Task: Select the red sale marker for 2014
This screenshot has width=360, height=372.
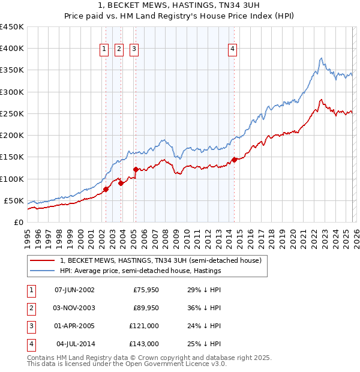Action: pos(235,160)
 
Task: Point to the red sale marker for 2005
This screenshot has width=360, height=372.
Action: pos(136,170)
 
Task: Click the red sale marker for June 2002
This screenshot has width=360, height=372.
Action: pos(106,189)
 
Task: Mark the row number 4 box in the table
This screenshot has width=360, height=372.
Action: pos(29,344)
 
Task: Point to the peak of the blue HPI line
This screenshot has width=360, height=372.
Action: pos(322,58)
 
